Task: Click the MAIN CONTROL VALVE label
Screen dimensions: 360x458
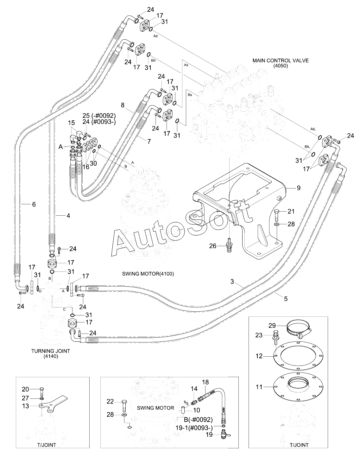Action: tap(281, 60)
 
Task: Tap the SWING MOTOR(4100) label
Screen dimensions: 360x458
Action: tap(148, 274)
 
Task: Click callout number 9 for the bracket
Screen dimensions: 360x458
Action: tap(299, 188)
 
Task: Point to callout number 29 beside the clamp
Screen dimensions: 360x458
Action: tap(272, 326)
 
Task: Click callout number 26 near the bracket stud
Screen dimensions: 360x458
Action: tap(213, 246)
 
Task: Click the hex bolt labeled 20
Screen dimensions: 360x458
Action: tap(41, 391)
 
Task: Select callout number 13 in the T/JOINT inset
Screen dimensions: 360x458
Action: tap(26, 406)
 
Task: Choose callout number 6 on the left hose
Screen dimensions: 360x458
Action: tap(34, 204)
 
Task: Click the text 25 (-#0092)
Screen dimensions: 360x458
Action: tap(99, 116)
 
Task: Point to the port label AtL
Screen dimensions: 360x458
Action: tap(313, 129)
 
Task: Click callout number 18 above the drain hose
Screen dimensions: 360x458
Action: tap(205, 382)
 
